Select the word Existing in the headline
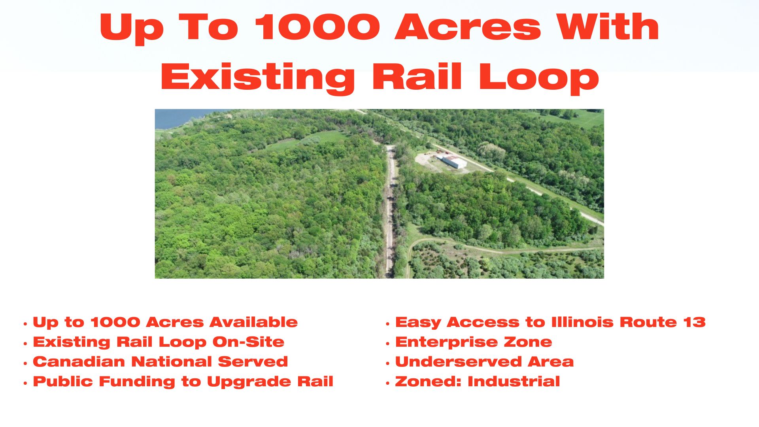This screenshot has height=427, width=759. [258, 77]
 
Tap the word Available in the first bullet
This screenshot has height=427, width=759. [253, 322]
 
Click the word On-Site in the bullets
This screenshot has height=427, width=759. [248, 342]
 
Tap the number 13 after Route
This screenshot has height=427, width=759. [695, 322]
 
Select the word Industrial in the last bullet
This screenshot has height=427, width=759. [514, 381]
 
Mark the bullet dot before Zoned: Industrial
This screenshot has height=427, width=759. [388, 383]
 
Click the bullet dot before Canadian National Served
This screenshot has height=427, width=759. [25, 363]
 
